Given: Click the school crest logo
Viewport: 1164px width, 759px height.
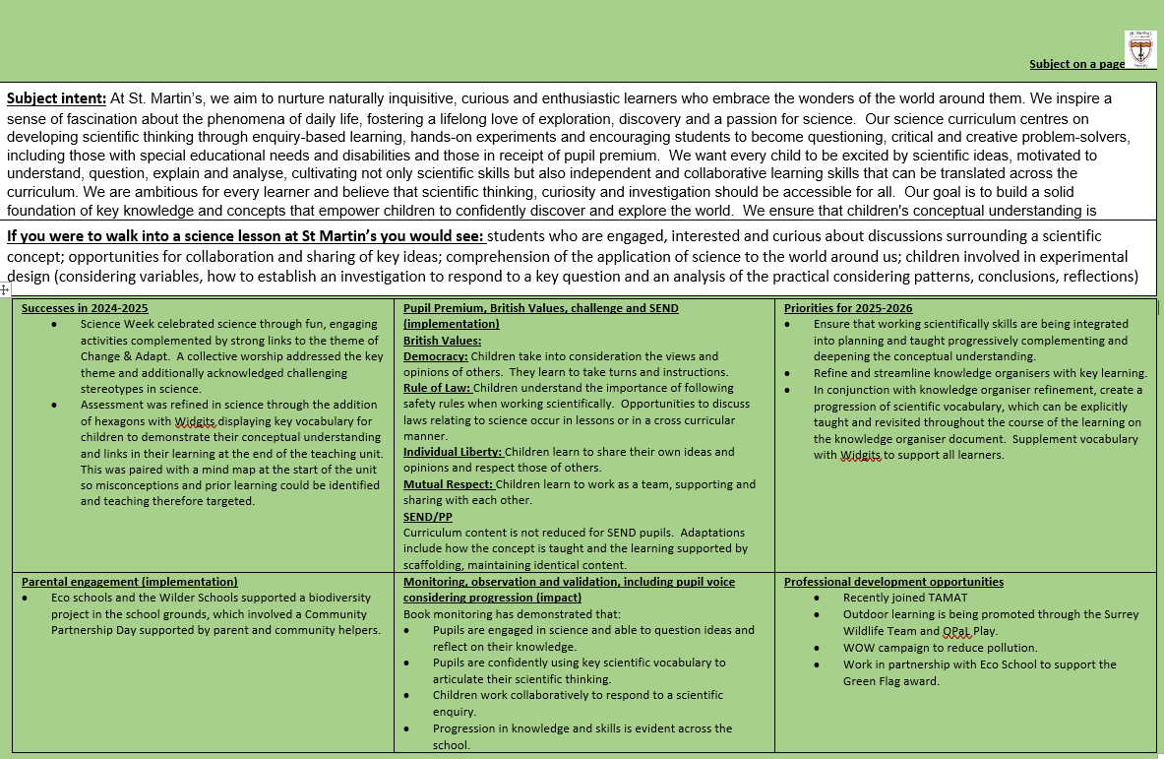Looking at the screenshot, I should click(1140, 48).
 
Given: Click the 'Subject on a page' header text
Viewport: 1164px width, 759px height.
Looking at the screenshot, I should click(1076, 64).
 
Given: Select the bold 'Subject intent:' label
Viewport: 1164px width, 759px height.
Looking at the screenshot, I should click(56, 98).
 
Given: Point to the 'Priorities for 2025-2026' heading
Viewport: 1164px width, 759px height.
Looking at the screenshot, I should click(847, 308).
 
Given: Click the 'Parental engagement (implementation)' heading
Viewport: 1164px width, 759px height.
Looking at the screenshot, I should click(129, 582).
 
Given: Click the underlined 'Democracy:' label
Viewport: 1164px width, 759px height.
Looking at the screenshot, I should click(436, 356).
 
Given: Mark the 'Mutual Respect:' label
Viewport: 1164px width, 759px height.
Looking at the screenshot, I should click(449, 484).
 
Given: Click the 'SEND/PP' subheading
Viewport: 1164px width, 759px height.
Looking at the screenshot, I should click(428, 516).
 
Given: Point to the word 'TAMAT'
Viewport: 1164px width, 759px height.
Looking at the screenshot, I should click(946, 598).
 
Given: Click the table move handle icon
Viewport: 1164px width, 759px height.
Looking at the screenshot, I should click(5, 289).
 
